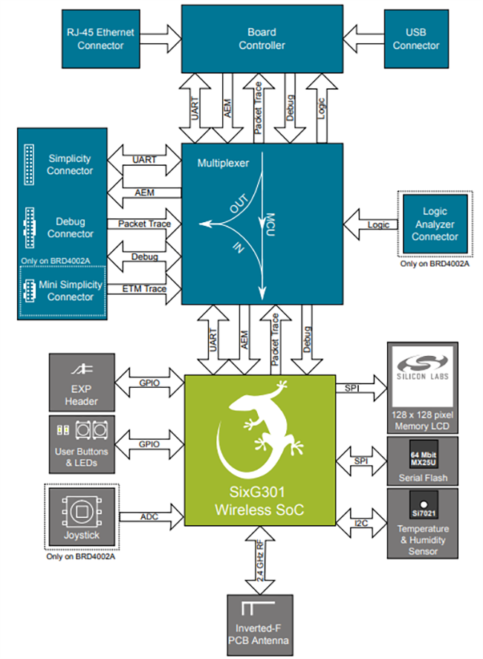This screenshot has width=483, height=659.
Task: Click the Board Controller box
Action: click(x=262, y=39)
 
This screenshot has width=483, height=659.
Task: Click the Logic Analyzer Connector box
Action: click(x=435, y=224)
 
